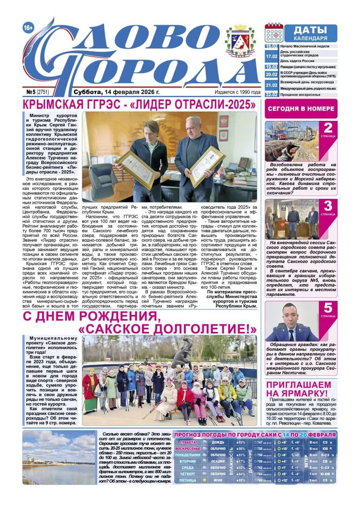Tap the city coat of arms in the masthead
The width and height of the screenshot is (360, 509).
[240, 41]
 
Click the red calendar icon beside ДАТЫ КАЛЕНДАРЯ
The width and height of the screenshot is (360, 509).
[274, 33]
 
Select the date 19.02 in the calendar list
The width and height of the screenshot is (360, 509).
[271, 67]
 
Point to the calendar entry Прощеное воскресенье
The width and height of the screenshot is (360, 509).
[300, 95]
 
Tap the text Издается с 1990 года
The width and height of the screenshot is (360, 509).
[237, 92]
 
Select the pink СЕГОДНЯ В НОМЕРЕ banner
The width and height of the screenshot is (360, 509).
[301, 109]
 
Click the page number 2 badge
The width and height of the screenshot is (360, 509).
[328, 129]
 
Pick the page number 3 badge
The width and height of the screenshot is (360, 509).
[328, 207]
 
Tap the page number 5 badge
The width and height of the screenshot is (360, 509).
[328, 309]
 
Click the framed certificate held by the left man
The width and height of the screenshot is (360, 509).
[135, 170]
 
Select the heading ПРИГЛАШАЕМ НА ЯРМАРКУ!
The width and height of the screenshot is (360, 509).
[298, 389]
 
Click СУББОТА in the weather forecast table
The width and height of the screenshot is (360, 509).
[187, 442]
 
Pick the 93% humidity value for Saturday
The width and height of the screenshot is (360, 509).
[241, 442]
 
